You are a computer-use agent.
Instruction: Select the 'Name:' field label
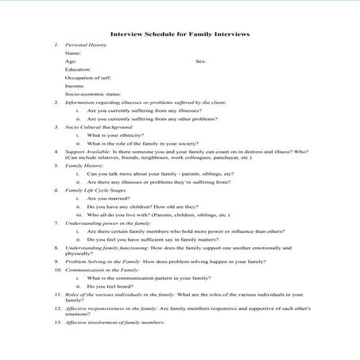pos(73,52)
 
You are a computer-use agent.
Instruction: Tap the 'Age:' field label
pos(72,60)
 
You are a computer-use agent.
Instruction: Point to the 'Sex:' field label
pos(201,60)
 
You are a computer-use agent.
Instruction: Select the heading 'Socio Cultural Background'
pos(99,126)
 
